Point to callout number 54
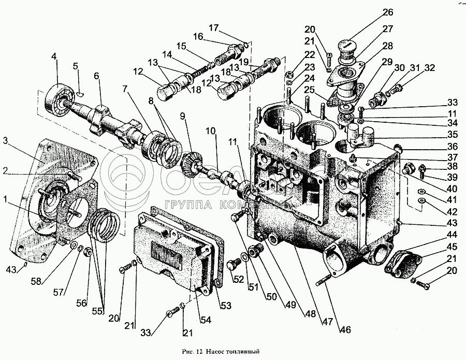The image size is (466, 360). pyautogui.click(x=207, y=321)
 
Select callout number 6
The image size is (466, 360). pyautogui.click(x=96, y=76)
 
